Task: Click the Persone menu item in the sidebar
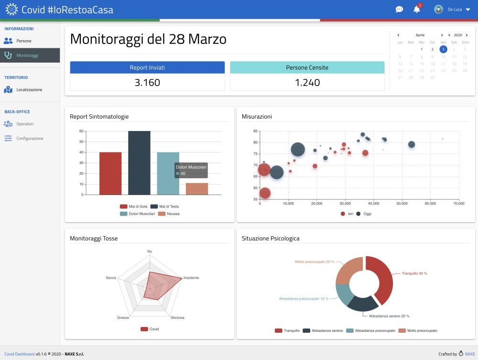(x=23, y=41)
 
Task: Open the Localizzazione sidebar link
(x=29, y=89)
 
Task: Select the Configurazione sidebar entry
(x=30, y=138)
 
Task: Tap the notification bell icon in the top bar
(x=417, y=9)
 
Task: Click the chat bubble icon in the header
(x=399, y=9)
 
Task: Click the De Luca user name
(x=454, y=9)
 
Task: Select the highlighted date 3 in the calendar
(x=443, y=49)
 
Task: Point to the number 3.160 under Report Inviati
(x=147, y=82)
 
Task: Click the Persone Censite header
(x=307, y=67)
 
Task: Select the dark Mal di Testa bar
(x=139, y=163)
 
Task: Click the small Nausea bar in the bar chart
(x=197, y=188)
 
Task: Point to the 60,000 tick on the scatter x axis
(x=430, y=203)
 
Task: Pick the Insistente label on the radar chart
(x=191, y=278)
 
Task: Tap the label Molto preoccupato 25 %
(x=315, y=262)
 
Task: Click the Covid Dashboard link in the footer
(x=19, y=354)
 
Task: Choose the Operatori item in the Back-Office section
(x=25, y=124)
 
